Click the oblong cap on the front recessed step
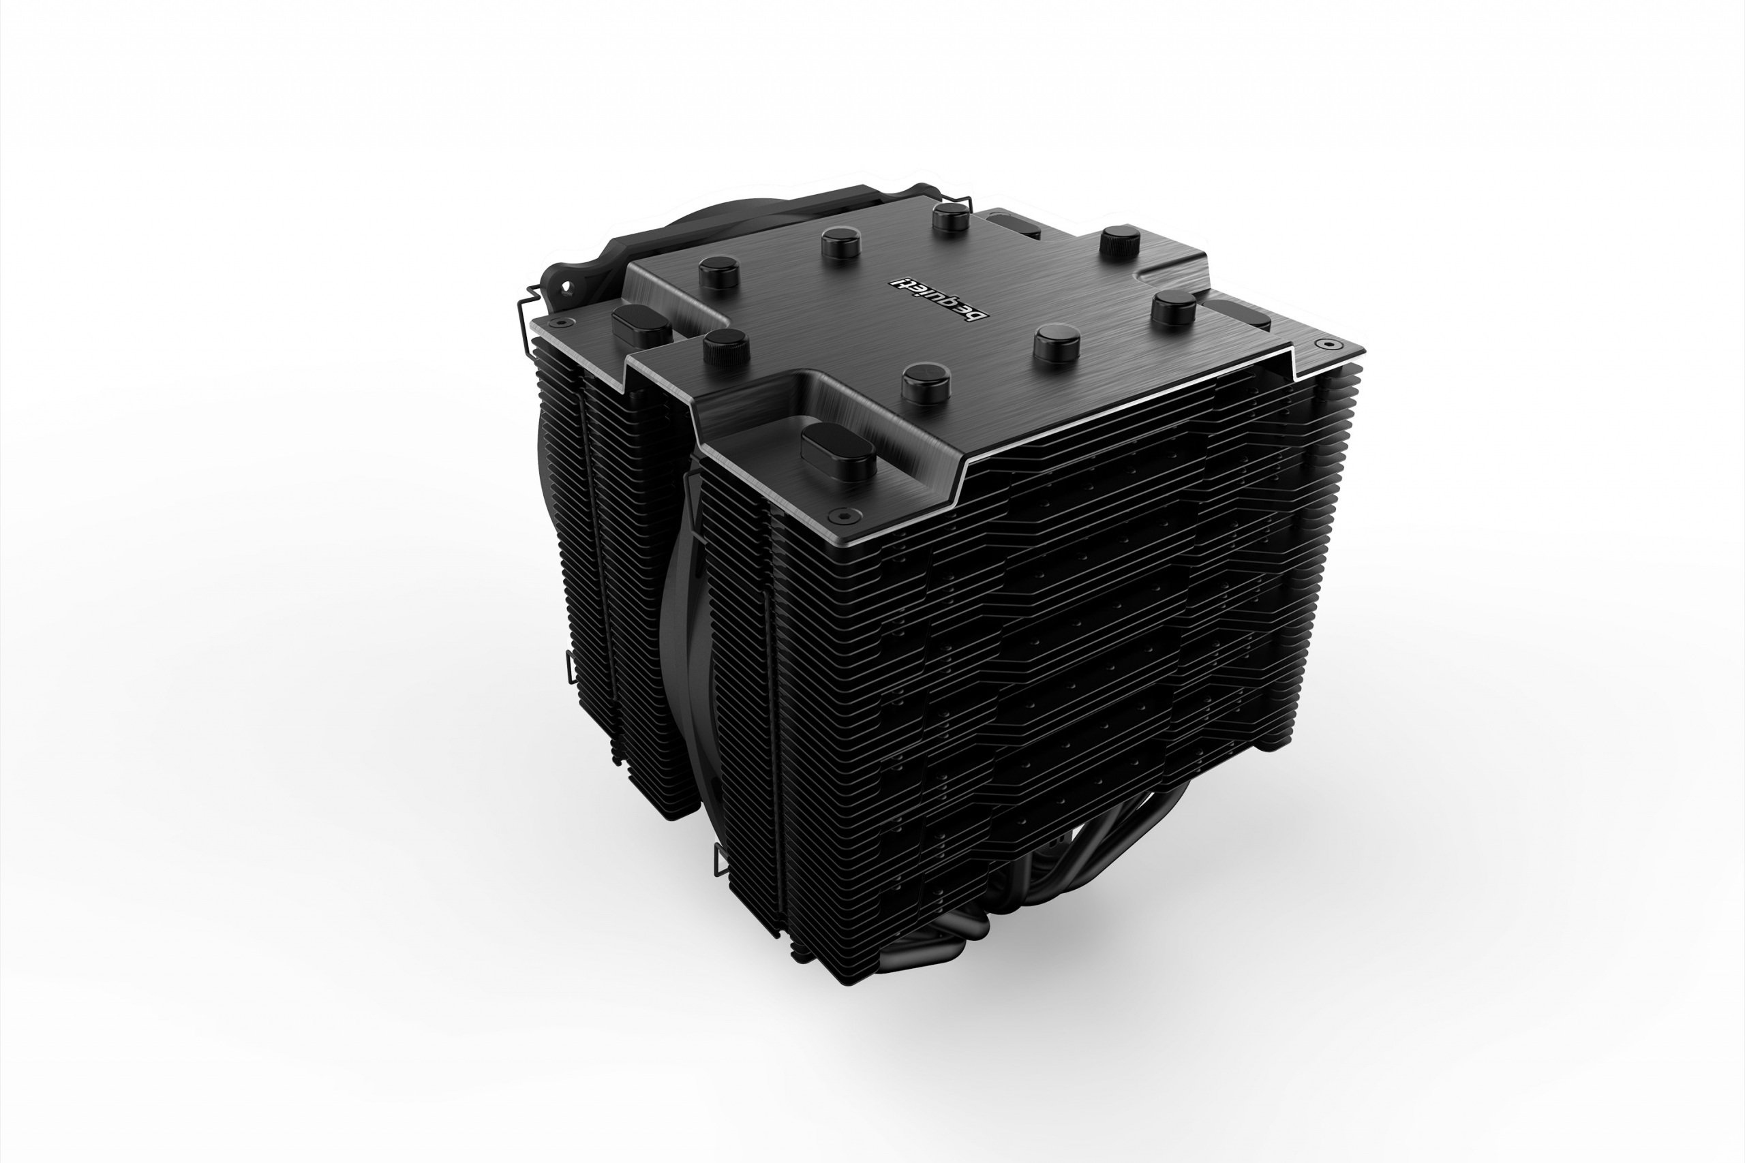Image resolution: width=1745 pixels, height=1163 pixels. click(839, 450)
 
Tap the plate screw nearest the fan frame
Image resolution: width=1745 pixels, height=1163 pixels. click(562, 323)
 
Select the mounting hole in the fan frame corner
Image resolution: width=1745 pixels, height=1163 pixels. click(568, 284)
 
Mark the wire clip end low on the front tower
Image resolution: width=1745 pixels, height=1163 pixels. click(720, 860)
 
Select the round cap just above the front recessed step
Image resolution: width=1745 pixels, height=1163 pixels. click(926, 382)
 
